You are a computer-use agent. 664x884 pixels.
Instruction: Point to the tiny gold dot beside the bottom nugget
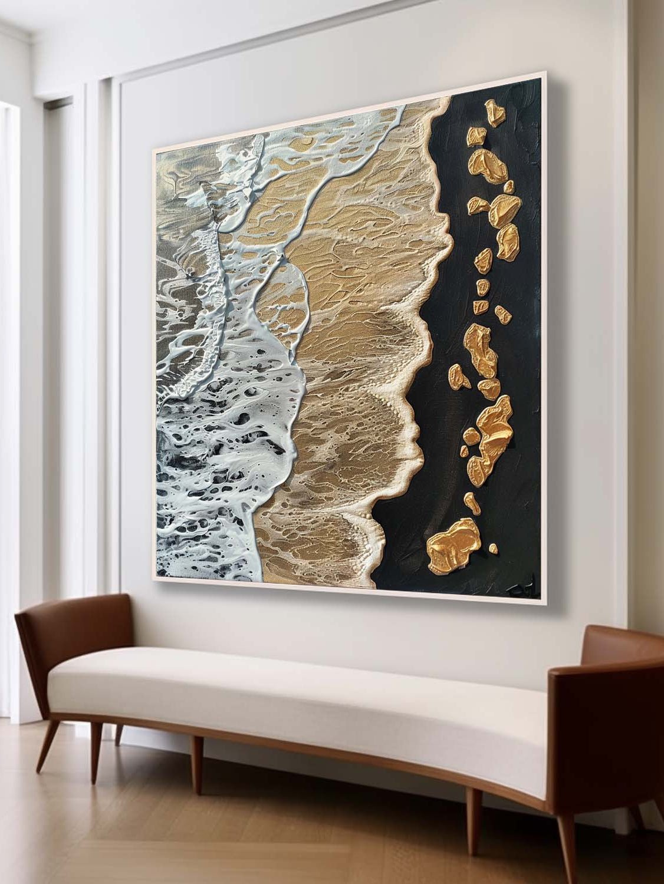click(x=493, y=549)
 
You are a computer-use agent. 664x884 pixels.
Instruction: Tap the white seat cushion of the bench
click(x=295, y=684)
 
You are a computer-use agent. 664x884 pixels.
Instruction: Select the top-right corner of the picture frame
click(x=544, y=72)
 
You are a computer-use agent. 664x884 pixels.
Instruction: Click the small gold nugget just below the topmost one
click(x=475, y=137)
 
